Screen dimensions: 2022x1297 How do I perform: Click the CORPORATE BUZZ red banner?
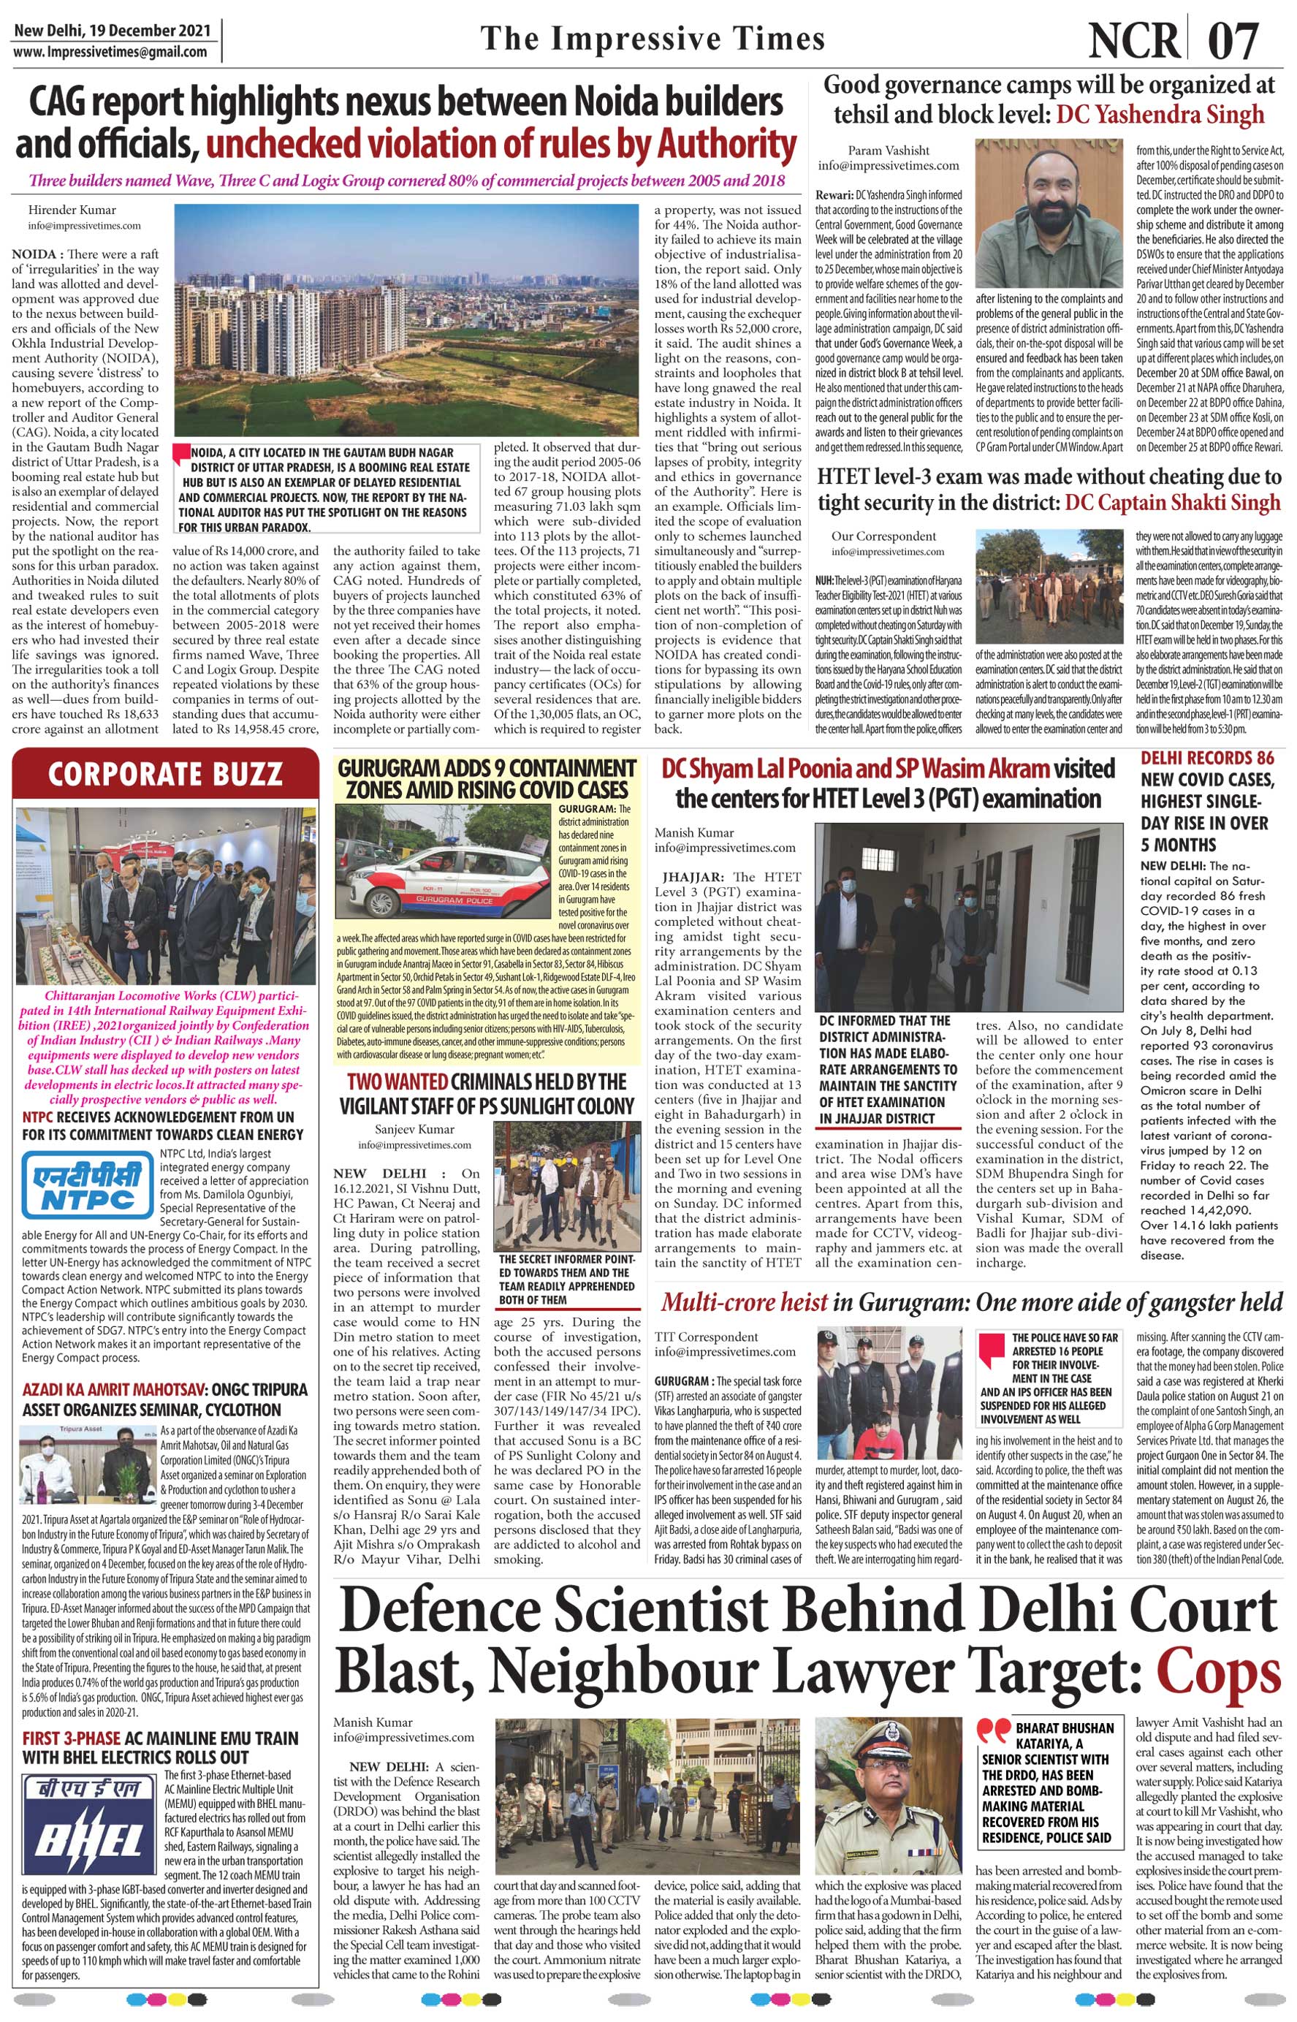164,774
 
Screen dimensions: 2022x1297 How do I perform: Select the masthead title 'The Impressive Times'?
652,39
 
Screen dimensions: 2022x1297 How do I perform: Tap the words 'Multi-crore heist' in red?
744,1303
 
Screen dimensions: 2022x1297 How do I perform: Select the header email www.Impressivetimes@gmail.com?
110,51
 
